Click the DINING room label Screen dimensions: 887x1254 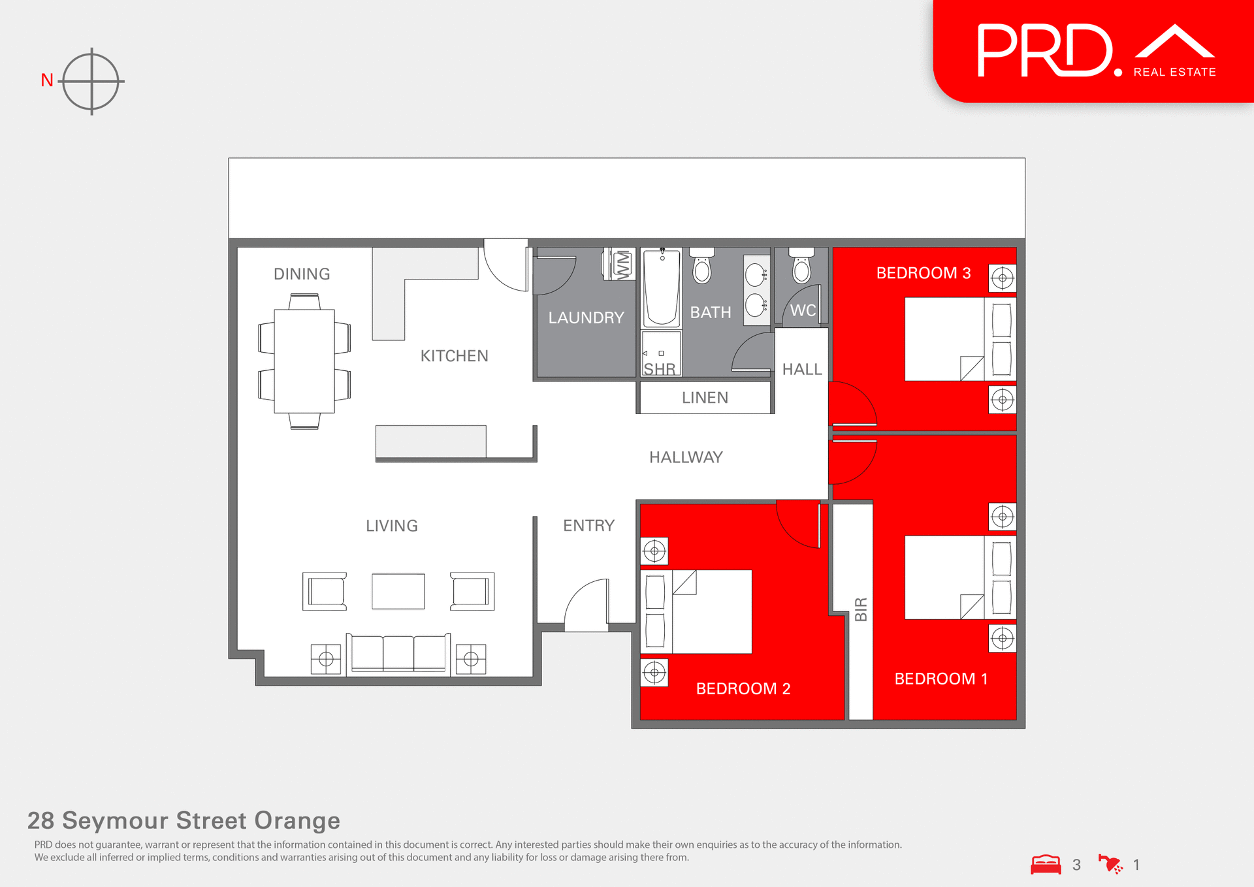pyautogui.click(x=302, y=274)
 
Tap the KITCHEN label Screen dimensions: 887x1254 pyautogui.click(x=454, y=356)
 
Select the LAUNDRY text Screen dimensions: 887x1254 pyautogui.click(x=586, y=318)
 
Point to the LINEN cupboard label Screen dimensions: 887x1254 pyautogui.click(x=705, y=398)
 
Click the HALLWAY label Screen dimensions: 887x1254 pyautogui.click(x=686, y=457)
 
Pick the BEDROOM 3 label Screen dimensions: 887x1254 pyautogui.click(x=923, y=273)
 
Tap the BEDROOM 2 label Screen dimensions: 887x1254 pyautogui.click(x=743, y=688)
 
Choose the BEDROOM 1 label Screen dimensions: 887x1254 pyautogui.click(x=940, y=679)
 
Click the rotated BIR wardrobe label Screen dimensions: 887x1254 pyautogui.click(x=861, y=609)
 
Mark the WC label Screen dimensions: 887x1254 pyautogui.click(x=803, y=310)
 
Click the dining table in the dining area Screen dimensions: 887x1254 pyautogui.click(x=304, y=361)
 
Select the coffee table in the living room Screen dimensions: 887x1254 pyautogui.click(x=398, y=591)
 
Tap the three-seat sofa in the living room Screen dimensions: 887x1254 pyautogui.click(x=398, y=653)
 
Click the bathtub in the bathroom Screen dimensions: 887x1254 pyautogui.click(x=662, y=289)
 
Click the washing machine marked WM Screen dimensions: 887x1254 pyautogui.click(x=622, y=265)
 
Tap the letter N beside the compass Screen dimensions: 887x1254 pyautogui.click(x=47, y=80)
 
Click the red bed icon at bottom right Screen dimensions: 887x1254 pyautogui.click(x=1046, y=865)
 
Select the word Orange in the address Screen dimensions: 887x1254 pyautogui.click(x=297, y=820)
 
